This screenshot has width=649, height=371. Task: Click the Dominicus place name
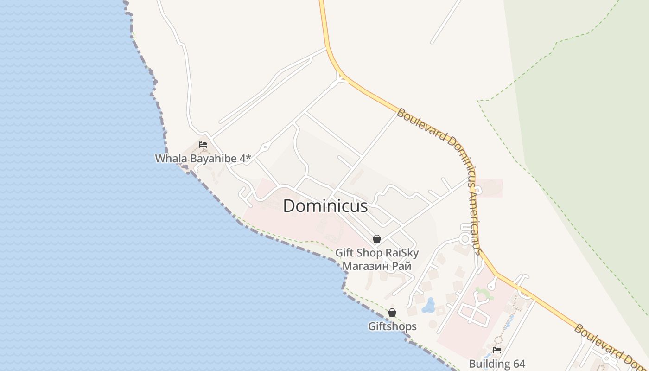[325, 206]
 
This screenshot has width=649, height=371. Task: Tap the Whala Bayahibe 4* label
[203, 158]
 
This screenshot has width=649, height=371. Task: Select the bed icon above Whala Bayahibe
[203, 145]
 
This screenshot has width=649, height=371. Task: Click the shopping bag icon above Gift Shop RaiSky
[377, 239]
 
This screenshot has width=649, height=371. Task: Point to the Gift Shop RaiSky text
[377, 253]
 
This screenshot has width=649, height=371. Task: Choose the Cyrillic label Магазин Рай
[377, 266]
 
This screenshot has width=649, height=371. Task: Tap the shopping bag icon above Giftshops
[392, 313]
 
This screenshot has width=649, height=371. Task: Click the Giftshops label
[392, 326]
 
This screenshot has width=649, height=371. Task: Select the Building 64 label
[497, 364]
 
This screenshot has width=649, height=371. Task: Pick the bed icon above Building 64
[497, 350]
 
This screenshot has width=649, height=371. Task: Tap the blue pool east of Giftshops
[428, 305]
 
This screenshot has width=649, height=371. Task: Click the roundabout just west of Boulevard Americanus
[464, 239]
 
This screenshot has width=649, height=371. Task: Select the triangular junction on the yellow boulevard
[342, 79]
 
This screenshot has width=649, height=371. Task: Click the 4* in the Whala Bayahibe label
[245, 158]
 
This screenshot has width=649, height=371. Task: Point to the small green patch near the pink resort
[484, 294]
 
